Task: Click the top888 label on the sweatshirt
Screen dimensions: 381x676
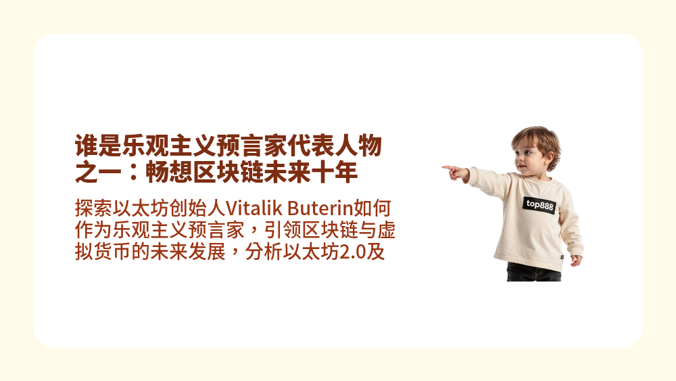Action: (x=539, y=204)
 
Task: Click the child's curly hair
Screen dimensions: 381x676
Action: (x=537, y=139)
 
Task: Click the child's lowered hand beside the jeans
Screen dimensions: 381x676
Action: (x=575, y=259)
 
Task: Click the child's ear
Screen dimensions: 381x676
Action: (x=541, y=155)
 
